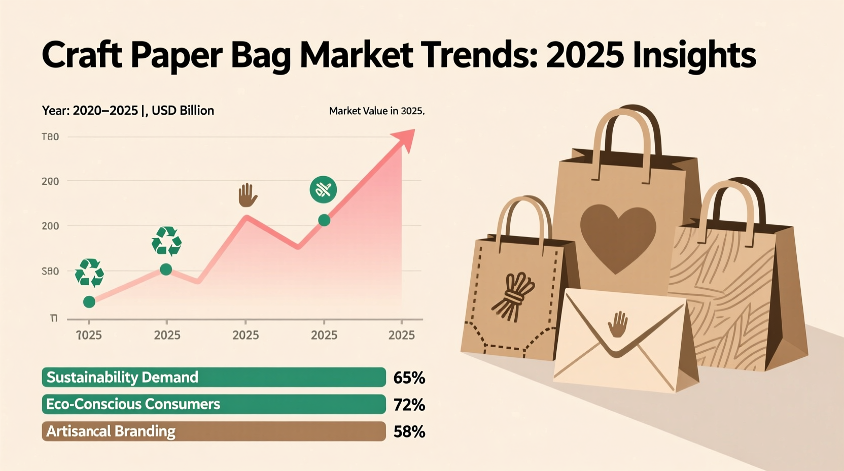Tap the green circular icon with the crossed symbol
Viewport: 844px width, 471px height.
323,190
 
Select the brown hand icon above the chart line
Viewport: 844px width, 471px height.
248,195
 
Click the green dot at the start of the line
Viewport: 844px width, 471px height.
89,302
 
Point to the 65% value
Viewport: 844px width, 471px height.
409,378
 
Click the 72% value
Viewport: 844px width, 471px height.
409,405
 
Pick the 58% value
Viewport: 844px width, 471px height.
409,431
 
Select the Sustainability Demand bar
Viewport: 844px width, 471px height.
214,378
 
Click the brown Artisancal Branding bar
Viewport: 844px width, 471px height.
214,431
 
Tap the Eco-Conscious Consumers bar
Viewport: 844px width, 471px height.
214,405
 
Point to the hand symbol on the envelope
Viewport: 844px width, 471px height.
618,325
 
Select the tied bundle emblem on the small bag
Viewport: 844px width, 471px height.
513,296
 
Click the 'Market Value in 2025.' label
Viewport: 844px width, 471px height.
376,111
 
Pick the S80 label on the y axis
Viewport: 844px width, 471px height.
50,272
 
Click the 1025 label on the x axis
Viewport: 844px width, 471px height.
89,335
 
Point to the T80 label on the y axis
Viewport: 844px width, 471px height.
50,137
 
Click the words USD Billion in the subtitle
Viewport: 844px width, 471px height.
183,111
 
